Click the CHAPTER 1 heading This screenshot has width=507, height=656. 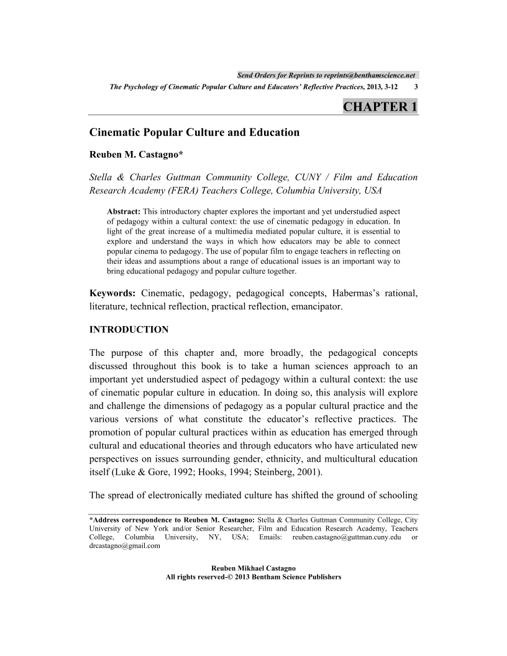[380, 107]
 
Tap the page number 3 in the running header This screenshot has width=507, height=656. [416, 88]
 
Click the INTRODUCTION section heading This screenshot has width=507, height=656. [129, 329]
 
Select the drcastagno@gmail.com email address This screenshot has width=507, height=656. [125, 546]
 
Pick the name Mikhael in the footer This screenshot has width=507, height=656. [251, 568]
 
